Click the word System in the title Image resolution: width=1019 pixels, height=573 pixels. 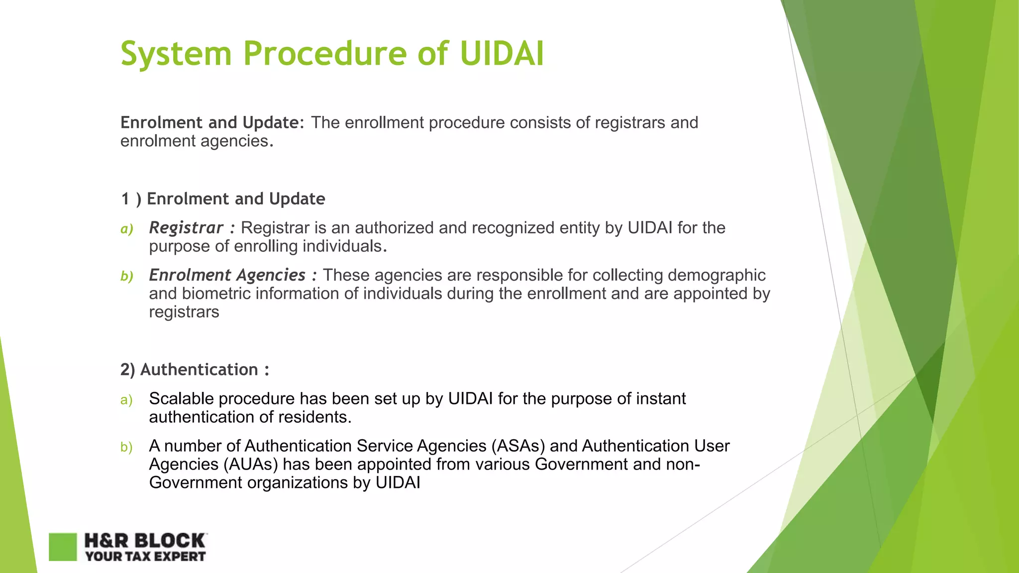click(176, 54)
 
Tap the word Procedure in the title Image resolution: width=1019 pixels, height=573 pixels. click(325, 54)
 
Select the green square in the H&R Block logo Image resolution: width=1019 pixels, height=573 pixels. click(63, 547)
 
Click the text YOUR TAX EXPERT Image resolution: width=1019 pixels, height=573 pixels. click(145, 557)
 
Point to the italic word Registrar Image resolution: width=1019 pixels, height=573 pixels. click(186, 228)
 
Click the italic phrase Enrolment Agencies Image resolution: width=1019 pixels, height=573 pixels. click(227, 275)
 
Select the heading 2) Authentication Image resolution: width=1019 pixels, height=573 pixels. click(195, 370)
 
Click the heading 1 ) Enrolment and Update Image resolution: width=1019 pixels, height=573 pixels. click(222, 199)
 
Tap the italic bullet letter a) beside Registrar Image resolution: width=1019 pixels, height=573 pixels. click(127, 229)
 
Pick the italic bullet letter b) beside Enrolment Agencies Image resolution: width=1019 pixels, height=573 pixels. click(127, 276)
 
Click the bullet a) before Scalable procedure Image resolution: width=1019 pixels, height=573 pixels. click(126, 400)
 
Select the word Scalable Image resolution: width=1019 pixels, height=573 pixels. click(181, 398)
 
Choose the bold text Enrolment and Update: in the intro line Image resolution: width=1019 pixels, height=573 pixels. click(212, 122)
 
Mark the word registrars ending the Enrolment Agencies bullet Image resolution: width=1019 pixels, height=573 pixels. click(184, 312)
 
